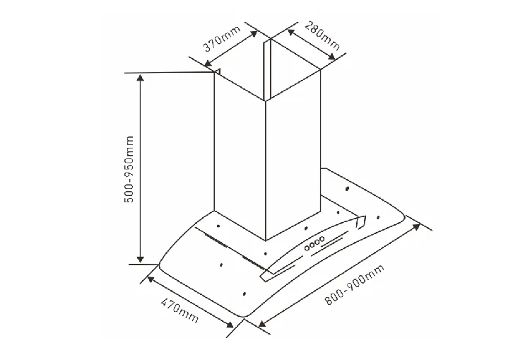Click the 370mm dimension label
(x=222, y=38)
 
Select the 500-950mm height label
(x=129, y=169)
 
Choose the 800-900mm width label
(x=354, y=285)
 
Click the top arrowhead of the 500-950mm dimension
(x=141, y=78)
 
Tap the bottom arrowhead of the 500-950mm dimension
(x=141, y=259)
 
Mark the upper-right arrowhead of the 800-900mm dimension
(x=416, y=227)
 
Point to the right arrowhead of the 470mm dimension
(x=229, y=325)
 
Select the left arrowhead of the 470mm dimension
(x=151, y=279)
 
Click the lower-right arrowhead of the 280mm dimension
(x=331, y=57)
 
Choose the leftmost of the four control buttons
(x=307, y=248)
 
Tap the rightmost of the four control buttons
(x=322, y=239)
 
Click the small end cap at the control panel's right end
(x=360, y=221)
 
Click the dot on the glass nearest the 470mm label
(x=244, y=294)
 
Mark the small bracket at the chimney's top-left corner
(x=218, y=72)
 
